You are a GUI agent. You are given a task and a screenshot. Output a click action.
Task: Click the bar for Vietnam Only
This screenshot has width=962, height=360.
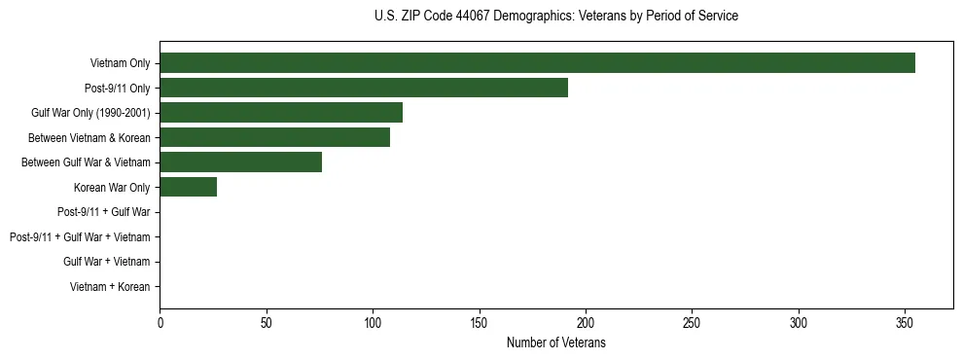point(537,63)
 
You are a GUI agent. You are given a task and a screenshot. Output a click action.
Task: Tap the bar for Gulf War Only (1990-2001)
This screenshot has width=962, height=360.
point(281,113)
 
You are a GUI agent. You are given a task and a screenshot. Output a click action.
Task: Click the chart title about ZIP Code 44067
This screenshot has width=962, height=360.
point(555,17)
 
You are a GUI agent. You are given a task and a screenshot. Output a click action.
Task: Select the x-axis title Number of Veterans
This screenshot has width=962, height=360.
point(555,342)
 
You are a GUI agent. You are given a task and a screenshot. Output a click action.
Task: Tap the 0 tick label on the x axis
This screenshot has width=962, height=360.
point(160,322)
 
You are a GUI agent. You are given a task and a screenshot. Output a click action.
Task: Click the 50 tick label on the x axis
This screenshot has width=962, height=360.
point(266,322)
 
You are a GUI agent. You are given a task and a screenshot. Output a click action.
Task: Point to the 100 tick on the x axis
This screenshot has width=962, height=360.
point(373,322)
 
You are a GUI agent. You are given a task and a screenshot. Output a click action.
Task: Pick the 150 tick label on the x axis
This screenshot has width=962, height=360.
point(479,322)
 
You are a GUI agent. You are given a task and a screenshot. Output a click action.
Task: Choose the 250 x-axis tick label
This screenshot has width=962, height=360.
point(692,322)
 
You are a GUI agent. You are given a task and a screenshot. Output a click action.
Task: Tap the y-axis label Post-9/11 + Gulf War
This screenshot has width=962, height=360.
point(103,212)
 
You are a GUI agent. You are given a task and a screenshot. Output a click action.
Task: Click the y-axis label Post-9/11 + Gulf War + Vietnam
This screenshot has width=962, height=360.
point(80,237)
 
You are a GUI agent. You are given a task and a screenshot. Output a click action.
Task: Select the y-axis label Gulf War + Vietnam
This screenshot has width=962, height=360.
point(106,262)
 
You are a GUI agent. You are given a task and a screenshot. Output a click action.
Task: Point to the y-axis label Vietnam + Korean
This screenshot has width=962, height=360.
point(110,287)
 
